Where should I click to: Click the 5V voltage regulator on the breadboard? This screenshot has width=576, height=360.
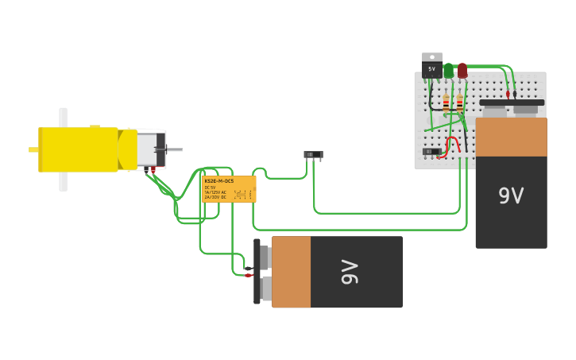(432, 67)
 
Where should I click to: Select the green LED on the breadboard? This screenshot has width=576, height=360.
(448, 72)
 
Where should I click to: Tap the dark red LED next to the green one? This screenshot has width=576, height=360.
(462, 72)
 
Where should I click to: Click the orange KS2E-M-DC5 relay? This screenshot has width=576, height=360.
(229, 189)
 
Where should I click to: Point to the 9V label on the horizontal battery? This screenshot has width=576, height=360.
(350, 272)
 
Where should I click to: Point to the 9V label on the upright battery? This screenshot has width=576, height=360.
(511, 195)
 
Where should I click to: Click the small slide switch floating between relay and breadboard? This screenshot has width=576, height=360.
(314, 154)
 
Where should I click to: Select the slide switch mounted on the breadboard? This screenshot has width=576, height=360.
(431, 151)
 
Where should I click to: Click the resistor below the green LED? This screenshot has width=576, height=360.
(446, 102)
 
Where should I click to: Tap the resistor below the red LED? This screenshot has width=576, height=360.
(459, 102)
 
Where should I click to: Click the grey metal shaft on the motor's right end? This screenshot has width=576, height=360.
(173, 149)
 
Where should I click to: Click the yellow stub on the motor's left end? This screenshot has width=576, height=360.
(33, 149)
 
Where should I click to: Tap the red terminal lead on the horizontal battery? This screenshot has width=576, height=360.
(248, 275)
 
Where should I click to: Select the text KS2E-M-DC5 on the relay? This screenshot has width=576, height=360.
(219, 181)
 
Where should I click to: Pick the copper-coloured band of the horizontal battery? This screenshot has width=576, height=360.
(291, 272)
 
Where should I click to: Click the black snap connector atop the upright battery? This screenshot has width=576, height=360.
(512, 103)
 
